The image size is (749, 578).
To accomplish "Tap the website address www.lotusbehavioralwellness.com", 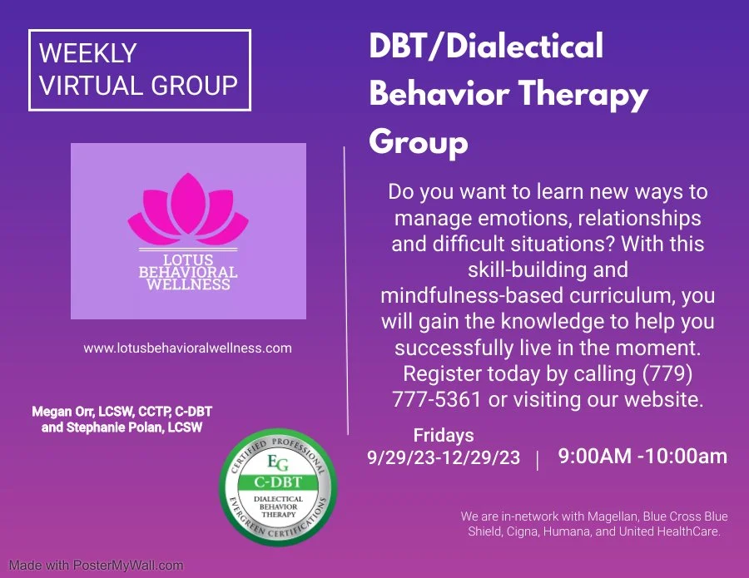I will [x=187, y=348].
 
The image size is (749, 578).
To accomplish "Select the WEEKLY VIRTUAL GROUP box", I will [x=139, y=71].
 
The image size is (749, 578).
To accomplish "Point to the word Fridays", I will [x=444, y=435].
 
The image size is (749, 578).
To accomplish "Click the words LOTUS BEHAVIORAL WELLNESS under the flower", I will [x=188, y=272].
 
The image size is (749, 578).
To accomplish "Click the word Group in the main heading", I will [x=418, y=142].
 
